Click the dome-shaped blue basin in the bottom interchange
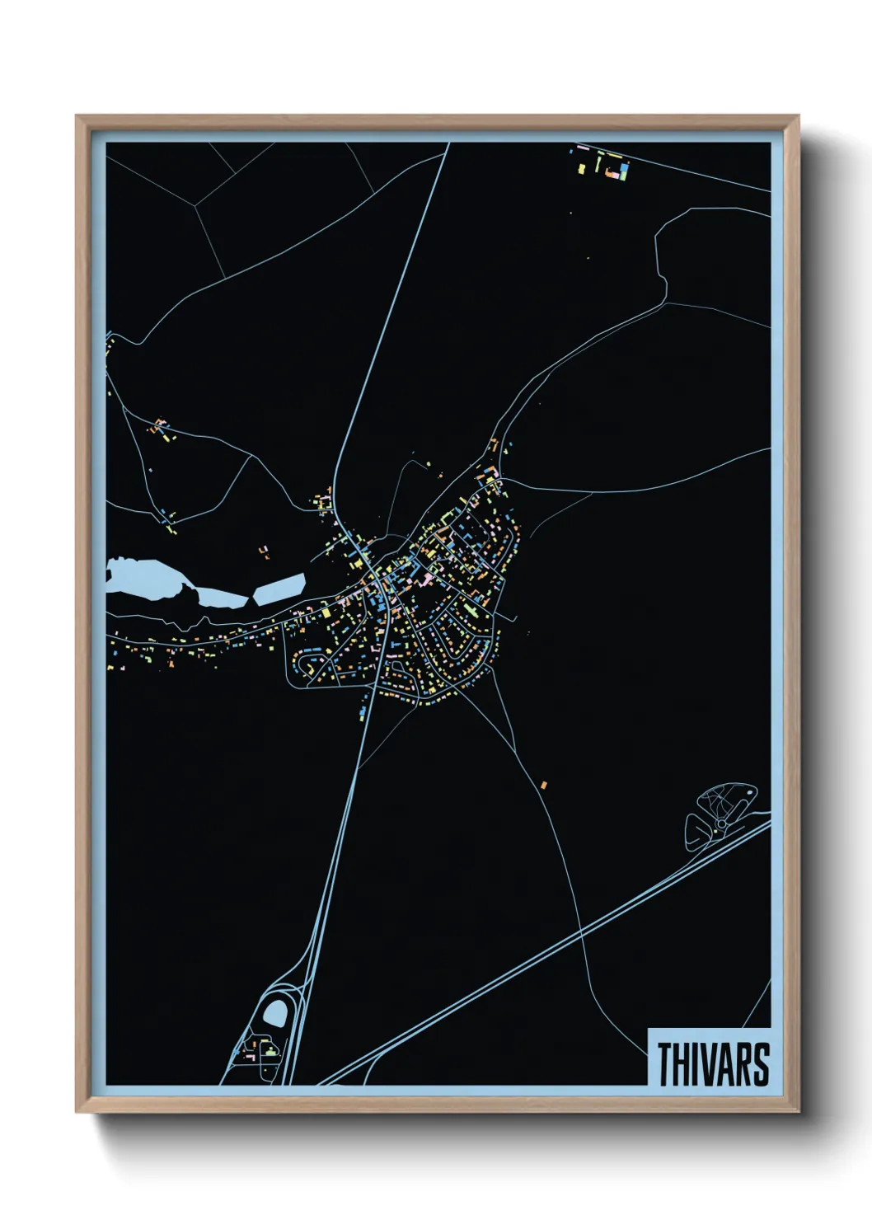[275, 1014]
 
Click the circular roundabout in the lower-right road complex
[722, 823]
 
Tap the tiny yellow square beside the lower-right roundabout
[715, 832]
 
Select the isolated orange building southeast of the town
[544, 785]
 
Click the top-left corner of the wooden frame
[77, 116]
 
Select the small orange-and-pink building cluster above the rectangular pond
[265, 551]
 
